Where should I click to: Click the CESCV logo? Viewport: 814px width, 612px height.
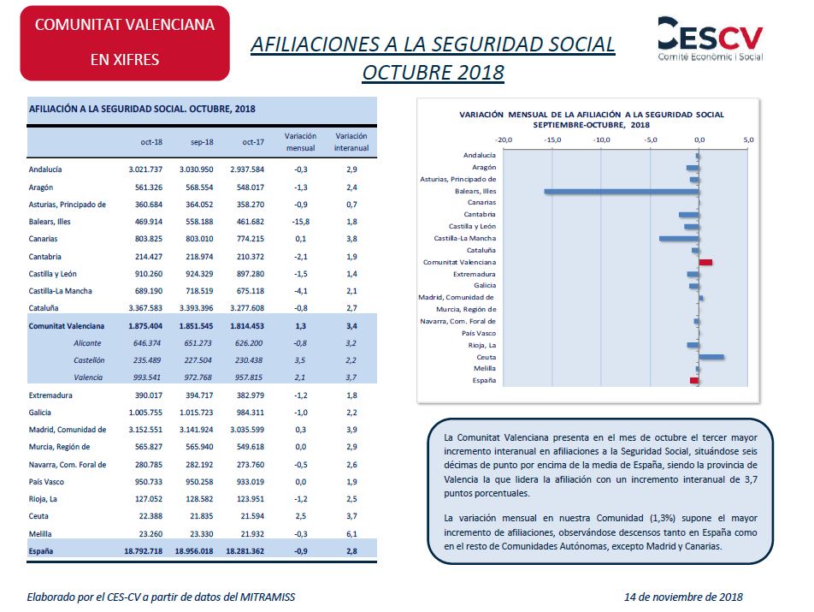pos(711,39)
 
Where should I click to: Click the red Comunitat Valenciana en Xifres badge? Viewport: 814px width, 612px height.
pos(125,43)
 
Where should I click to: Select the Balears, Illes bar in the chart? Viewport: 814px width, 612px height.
pos(622,191)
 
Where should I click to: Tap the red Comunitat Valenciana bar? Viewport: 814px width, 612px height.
pos(705,263)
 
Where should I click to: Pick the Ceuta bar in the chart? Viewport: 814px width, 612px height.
pos(711,357)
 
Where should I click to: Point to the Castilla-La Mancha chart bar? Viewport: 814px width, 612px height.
pos(679,239)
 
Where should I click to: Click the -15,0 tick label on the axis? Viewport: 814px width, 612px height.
pos(552,140)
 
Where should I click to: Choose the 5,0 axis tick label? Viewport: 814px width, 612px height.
pos(748,140)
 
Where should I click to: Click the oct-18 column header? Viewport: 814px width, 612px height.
pos(151,142)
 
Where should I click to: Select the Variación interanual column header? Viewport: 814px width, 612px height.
pos(351,142)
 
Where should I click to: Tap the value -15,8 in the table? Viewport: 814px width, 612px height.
pos(301,222)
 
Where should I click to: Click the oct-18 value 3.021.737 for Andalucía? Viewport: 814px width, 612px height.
pos(145,169)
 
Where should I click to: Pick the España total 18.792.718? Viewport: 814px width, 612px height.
pos(144,550)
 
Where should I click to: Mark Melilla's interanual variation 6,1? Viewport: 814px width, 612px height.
pos(351,533)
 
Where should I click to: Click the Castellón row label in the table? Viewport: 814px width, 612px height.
pos(89,360)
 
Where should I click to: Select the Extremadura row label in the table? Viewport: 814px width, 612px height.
pos(50,395)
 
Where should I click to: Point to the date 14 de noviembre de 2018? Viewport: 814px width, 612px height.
pos(683,597)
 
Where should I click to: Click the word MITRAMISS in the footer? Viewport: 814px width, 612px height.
pos(268,597)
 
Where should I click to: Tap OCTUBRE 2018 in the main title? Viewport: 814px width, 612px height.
pos(433,72)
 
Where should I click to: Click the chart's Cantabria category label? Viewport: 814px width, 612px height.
pos(480,215)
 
